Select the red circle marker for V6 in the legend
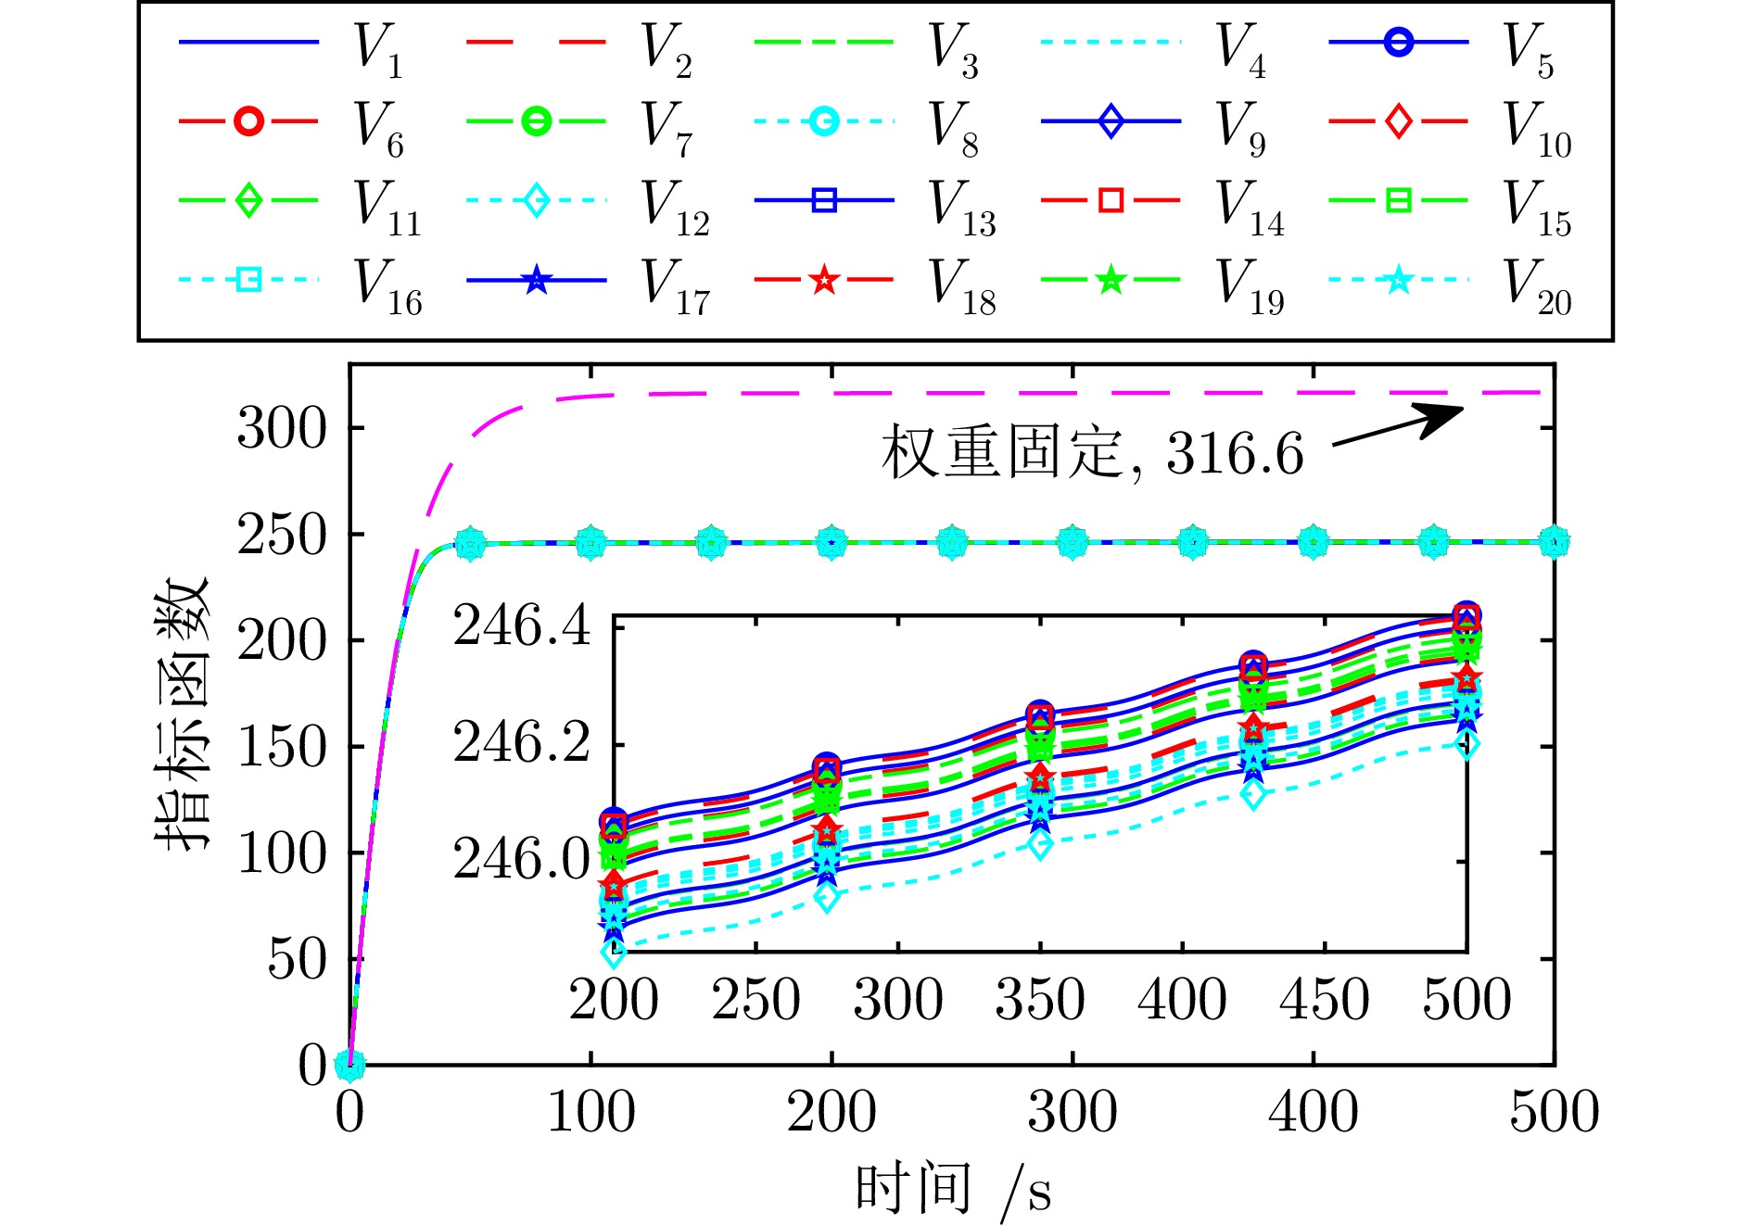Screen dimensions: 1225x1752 click(x=248, y=121)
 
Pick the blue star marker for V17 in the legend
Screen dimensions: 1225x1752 click(x=537, y=280)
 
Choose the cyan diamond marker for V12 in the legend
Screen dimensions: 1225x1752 click(x=537, y=200)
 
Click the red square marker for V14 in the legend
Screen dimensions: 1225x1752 click(x=1111, y=200)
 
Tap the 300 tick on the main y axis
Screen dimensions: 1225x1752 click(x=283, y=429)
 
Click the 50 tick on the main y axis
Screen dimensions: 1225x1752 click(x=298, y=959)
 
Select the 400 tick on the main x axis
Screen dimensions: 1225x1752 click(x=1313, y=1112)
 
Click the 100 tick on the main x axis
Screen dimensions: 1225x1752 click(x=590, y=1112)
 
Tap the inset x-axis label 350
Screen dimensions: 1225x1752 click(x=1040, y=1000)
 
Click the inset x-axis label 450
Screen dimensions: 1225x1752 click(x=1324, y=1000)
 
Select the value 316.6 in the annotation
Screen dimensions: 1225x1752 click(x=1235, y=454)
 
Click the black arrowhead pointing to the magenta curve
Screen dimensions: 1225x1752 click(x=1441, y=416)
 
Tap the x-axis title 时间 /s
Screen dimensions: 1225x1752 click(x=953, y=1190)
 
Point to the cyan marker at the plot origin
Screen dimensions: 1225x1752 click(x=349, y=1065)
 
